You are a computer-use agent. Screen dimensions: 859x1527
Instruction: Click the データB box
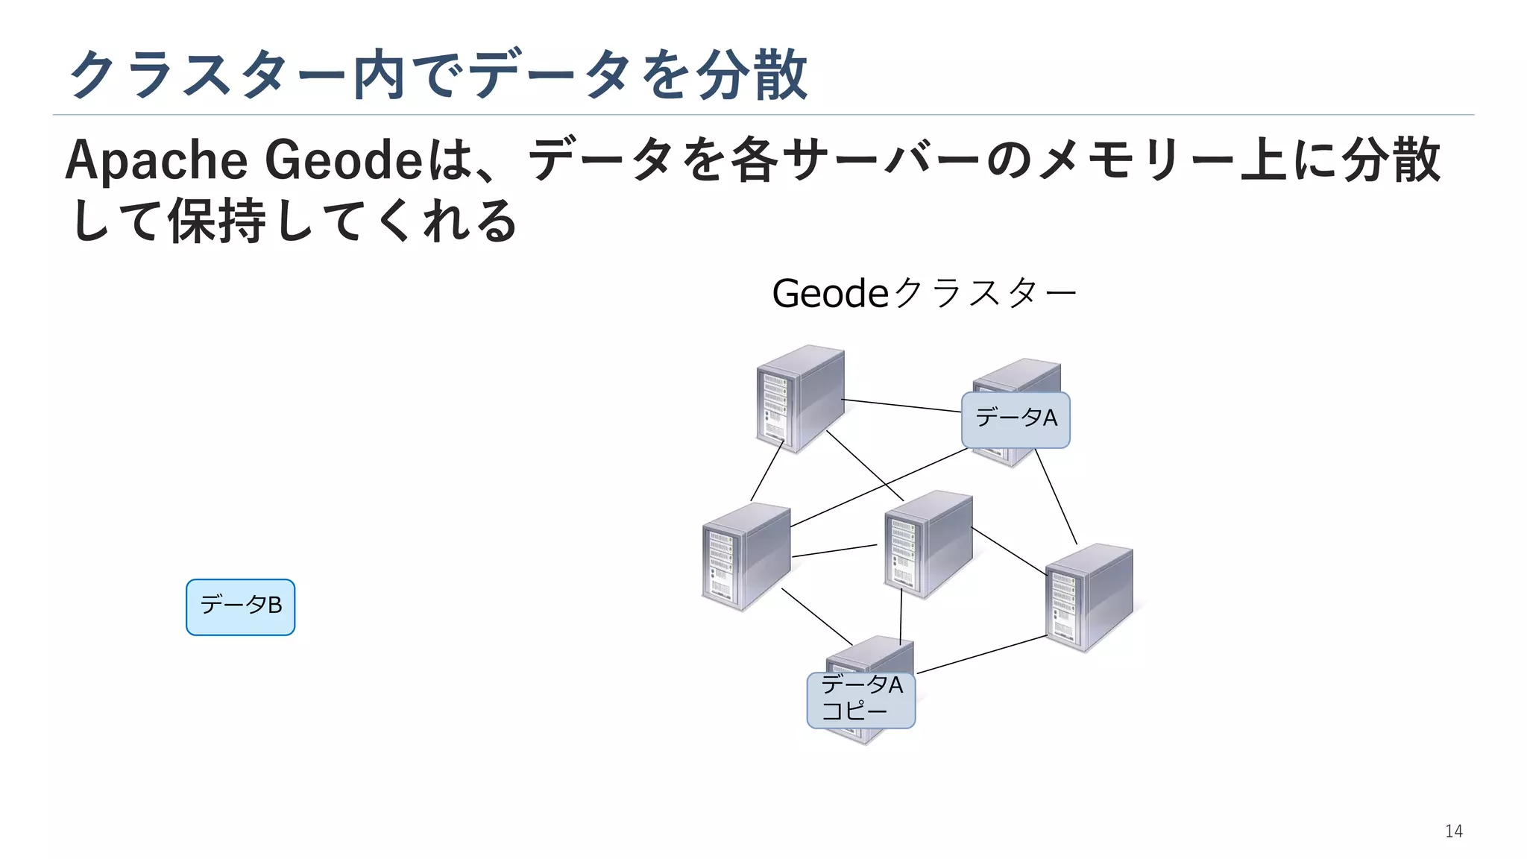point(240,607)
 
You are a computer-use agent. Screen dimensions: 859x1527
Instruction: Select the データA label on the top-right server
point(1016,419)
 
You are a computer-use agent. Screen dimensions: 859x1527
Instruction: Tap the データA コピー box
point(860,699)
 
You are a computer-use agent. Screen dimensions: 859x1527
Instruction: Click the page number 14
point(1453,831)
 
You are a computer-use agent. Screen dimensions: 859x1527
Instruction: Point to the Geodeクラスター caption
point(924,293)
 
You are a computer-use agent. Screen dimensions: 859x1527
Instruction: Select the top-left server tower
point(800,399)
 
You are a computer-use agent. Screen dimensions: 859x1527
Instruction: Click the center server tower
point(928,544)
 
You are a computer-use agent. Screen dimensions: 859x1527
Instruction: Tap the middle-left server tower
point(746,556)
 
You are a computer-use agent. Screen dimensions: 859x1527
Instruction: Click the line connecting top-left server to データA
point(902,406)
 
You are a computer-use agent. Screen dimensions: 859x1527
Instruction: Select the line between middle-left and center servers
point(834,551)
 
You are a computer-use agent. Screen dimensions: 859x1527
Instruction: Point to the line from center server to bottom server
point(901,617)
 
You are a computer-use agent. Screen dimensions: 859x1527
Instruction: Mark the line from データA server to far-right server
point(1056,497)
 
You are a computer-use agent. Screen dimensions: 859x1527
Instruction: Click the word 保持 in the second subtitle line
point(216,221)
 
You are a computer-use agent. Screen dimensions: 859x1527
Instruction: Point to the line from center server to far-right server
point(1009,552)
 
